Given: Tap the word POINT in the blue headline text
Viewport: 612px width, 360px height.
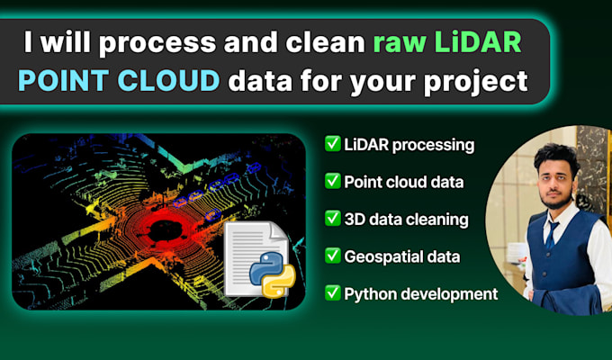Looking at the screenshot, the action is pyautogui.click(x=63, y=81).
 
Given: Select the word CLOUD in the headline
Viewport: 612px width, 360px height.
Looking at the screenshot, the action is pyautogui.click(x=168, y=81).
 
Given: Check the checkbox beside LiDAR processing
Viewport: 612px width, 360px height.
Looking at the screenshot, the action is pyautogui.click(x=332, y=144).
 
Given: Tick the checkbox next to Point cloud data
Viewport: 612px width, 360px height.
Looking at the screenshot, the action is pyautogui.click(x=332, y=181).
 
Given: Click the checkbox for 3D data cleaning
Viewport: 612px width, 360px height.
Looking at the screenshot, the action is pyautogui.click(x=332, y=219).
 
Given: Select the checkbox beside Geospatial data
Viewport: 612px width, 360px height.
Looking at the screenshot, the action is pyautogui.click(x=332, y=256).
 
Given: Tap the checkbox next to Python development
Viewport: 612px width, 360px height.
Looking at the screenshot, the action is pyautogui.click(x=332, y=292).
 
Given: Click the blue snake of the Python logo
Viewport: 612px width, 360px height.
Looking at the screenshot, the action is pyautogui.click(x=267, y=266).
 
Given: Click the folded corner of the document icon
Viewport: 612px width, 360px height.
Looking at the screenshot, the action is pyautogui.click(x=278, y=231).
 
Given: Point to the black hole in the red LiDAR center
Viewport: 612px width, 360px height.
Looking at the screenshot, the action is pyautogui.click(x=165, y=230).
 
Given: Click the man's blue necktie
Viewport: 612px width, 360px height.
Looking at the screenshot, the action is pyautogui.click(x=551, y=235).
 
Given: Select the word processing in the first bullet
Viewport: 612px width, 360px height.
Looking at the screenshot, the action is pyautogui.click(x=433, y=146).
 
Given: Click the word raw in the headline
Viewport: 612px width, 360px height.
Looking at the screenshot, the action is pyautogui.click(x=399, y=43).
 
